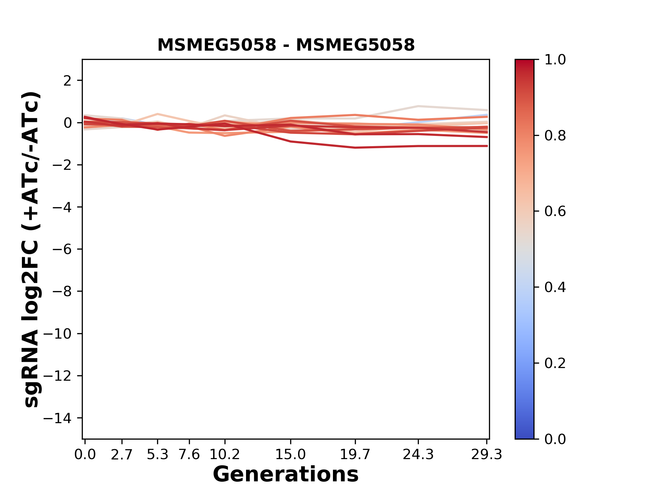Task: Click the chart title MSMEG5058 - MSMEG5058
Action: click(286, 45)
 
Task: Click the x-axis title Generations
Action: click(286, 474)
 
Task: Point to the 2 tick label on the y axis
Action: click(67, 81)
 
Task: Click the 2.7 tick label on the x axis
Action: click(122, 455)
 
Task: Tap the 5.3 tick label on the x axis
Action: click(157, 455)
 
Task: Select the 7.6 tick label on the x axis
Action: click(189, 455)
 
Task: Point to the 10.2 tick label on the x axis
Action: click(224, 455)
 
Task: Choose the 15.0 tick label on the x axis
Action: click(291, 455)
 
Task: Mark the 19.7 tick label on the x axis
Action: click(355, 455)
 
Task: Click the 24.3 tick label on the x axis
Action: click(418, 455)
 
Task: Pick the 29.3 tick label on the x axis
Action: click(487, 455)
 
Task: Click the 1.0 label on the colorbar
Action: click(555, 60)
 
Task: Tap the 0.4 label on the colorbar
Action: click(555, 287)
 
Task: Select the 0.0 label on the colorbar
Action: click(555, 439)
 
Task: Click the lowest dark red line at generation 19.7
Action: click(356, 148)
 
